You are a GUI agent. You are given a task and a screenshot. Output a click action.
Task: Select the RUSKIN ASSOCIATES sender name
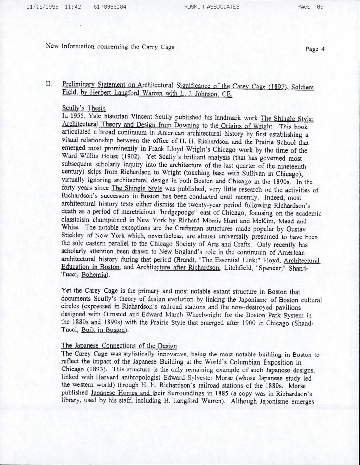tap(211, 6)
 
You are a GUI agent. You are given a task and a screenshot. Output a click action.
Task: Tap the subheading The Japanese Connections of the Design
tap(119, 346)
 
